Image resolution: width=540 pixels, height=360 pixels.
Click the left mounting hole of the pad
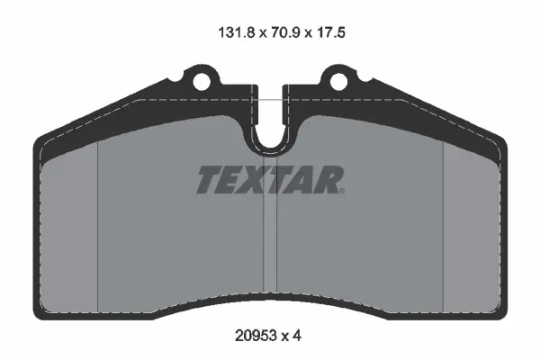click(x=201, y=82)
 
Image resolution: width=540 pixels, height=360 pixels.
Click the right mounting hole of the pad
click(x=338, y=82)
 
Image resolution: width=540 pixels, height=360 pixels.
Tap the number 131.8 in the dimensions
click(x=237, y=32)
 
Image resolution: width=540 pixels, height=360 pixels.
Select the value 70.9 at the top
click(x=286, y=32)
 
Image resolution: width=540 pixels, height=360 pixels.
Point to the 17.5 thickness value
click(x=331, y=32)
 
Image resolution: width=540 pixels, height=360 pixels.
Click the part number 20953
click(x=256, y=335)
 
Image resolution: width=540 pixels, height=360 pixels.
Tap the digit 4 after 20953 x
click(x=297, y=335)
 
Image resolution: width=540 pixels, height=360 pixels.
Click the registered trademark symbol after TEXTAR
click(x=342, y=191)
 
